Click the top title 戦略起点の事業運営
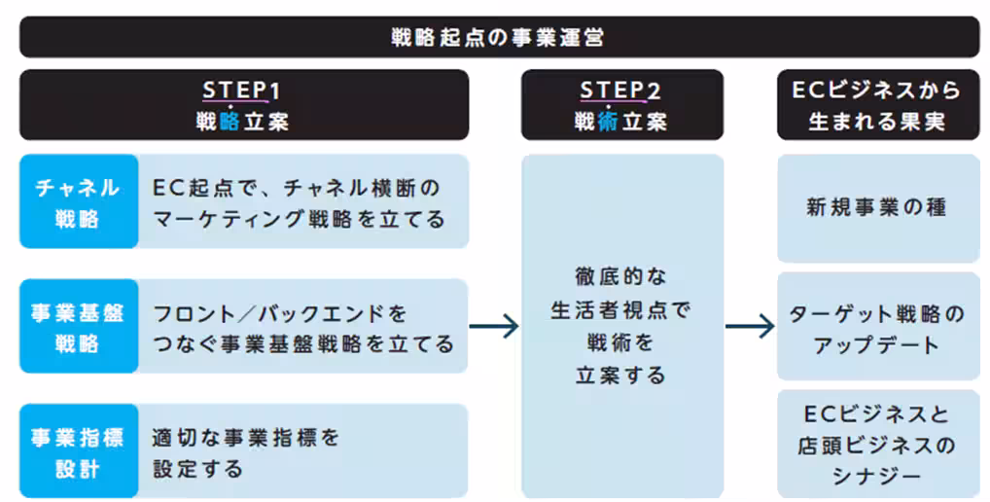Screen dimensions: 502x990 [496, 38]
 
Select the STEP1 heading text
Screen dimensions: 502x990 [241, 90]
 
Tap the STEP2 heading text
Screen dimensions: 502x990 [620, 90]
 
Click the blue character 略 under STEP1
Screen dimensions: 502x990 [229, 123]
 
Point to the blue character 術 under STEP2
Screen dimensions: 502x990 [609, 123]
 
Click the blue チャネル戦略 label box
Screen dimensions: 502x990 [78, 201]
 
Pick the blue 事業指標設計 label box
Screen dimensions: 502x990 [78, 451]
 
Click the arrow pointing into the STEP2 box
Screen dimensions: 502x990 [494, 326]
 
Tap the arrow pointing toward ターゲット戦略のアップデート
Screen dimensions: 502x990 [750, 326]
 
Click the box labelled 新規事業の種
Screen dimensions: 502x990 [877, 207]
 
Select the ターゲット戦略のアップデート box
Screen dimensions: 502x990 [877, 328]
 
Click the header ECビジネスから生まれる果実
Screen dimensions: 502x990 [877, 105]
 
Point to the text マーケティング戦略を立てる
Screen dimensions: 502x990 [300, 219]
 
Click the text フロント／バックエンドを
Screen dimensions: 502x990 [280, 314]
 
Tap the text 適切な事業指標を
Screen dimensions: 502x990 [245, 438]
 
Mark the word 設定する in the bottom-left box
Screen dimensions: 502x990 [198, 469]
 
